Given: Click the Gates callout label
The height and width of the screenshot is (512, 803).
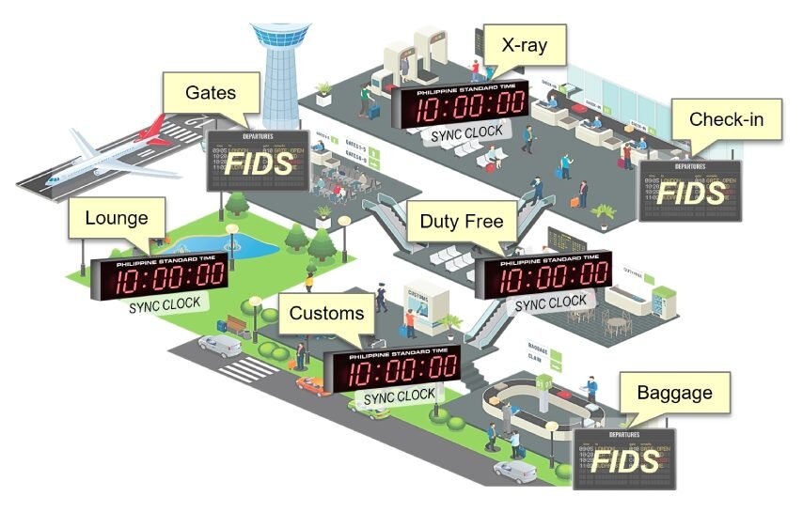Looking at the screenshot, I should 211,93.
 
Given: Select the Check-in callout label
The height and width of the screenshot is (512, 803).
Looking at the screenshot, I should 726,119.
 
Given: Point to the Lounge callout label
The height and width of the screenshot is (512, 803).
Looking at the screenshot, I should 117,218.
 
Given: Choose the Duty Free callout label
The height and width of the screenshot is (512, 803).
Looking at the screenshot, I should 462,223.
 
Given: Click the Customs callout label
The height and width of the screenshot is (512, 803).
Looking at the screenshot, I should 326,313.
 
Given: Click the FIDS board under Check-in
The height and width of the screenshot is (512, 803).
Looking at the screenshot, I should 690,192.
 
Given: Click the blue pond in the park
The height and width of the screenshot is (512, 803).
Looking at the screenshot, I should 247,246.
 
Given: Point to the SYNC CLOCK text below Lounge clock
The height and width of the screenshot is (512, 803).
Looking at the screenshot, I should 165,306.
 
